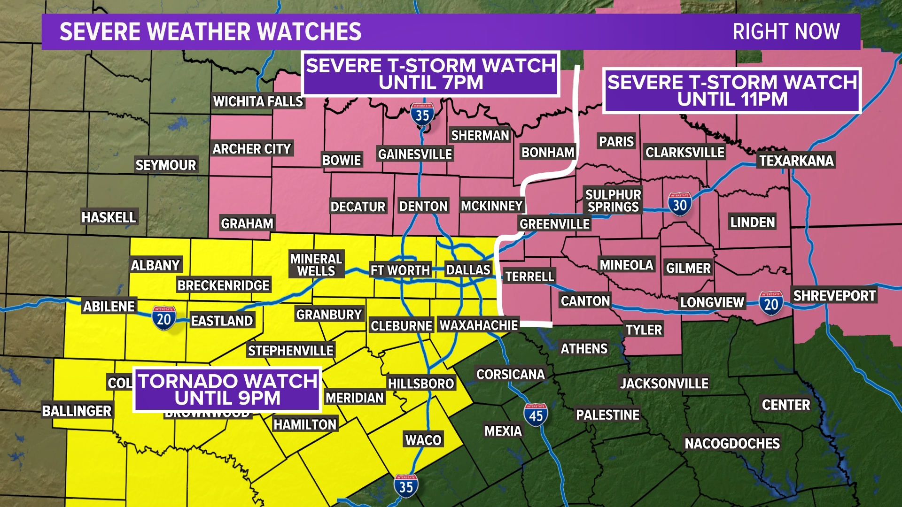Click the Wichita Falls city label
[258, 101]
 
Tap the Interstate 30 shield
[679, 204]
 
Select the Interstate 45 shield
[536, 415]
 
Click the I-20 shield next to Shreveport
[771, 303]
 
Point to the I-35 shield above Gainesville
[422, 114]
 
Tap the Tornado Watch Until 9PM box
[227, 390]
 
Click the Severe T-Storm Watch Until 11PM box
[732, 91]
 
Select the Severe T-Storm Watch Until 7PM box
[431, 74]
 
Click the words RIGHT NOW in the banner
[786, 32]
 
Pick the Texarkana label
[796, 161]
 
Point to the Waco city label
[423, 440]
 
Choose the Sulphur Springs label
[613, 200]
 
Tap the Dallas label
[468, 270]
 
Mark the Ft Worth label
[400, 270]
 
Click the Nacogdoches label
[732, 443]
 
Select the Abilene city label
[109, 307]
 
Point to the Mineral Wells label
[316, 265]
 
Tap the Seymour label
[165, 165]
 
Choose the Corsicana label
[510, 374]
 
